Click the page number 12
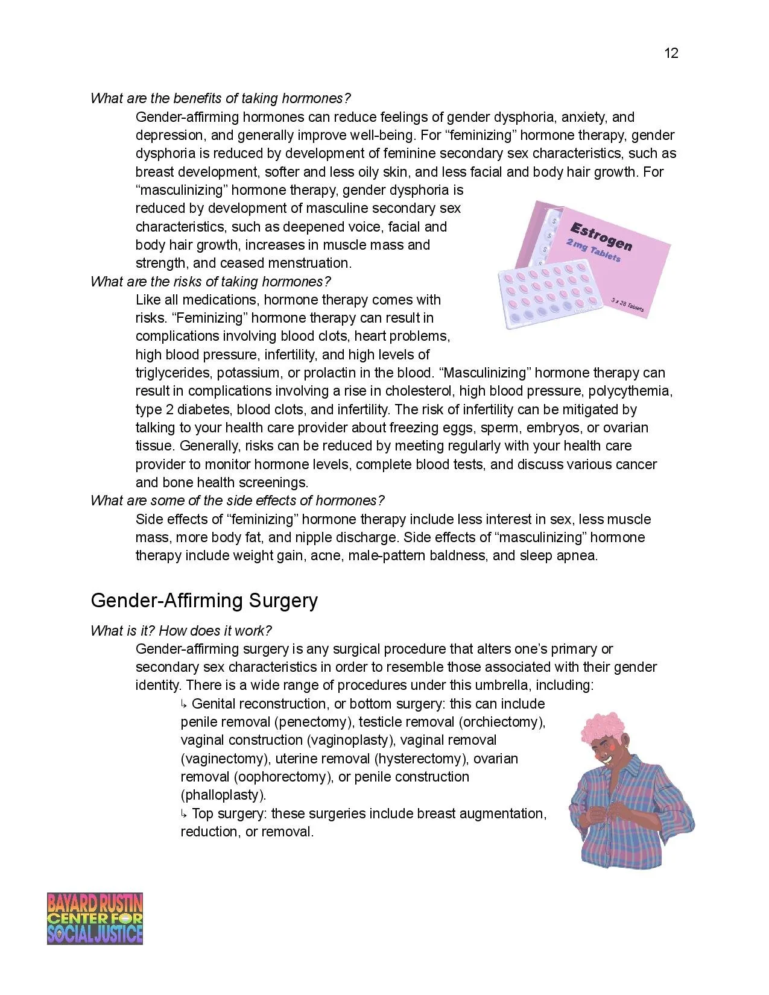coord(671,54)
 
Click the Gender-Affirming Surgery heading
coord(204,601)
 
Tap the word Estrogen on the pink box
coord(601,236)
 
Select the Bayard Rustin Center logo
coord(95,918)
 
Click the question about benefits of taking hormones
coord(220,98)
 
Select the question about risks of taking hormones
coord(210,282)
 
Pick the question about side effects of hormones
coord(237,501)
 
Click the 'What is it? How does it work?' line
coord(181,631)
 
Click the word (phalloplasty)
coord(223,795)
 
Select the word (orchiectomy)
coord(502,722)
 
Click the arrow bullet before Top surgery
coord(185,813)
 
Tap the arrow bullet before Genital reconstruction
coord(185,704)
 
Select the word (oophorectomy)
coord(283,777)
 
